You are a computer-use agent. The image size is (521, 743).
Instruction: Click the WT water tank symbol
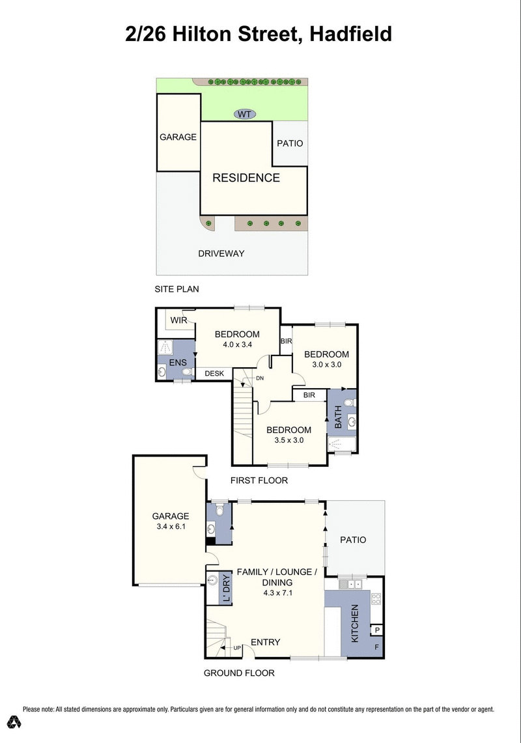pyautogui.click(x=244, y=115)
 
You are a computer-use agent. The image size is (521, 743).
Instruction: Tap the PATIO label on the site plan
pyautogui.click(x=290, y=143)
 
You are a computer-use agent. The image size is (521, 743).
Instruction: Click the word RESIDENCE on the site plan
pyautogui.click(x=246, y=178)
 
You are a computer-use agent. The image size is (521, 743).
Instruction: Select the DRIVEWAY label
pyautogui.click(x=221, y=253)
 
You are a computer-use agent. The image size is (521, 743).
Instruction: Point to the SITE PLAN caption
pyautogui.click(x=176, y=288)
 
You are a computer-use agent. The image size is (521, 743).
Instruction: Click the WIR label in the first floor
pyautogui.click(x=179, y=320)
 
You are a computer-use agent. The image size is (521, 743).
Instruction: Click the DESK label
pyautogui.click(x=214, y=374)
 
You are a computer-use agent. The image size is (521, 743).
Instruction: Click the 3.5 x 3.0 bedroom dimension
pyautogui.click(x=289, y=440)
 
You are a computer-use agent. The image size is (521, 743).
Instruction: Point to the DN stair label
pyautogui.click(x=259, y=378)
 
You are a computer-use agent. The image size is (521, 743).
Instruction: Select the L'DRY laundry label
pyautogui.click(x=227, y=589)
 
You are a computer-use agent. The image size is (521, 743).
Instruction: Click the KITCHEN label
pyautogui.click(x=356, y=624)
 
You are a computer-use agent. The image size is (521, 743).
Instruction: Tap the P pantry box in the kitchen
pyautogui.click(x=377, y=630)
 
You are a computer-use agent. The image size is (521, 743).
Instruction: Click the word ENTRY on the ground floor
pyautogui.click(x=265, y=642)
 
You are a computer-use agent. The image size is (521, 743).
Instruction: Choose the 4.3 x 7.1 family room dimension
pyautogui.click(x=276, y=593)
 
